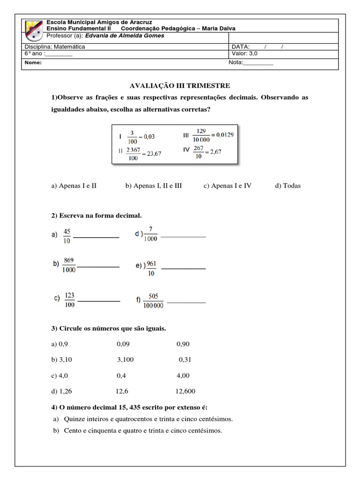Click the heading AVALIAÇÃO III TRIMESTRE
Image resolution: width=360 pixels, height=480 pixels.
[180, 86]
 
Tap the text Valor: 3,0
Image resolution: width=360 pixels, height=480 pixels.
[245, 54]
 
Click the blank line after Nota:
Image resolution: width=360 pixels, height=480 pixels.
[258, 63]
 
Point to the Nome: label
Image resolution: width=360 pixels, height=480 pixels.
[33, 63]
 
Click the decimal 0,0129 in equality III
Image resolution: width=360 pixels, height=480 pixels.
[223, 135]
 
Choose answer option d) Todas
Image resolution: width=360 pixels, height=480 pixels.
[288, 186]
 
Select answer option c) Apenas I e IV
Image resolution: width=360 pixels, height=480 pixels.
[227, 186]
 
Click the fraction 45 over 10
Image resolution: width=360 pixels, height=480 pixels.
[67, 236]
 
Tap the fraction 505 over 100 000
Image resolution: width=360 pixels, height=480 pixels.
[153, 300]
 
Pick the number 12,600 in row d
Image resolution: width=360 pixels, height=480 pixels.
[185, 391]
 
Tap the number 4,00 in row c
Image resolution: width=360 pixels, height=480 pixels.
[183, 375]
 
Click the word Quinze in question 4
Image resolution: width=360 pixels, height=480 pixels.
[74, 419]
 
